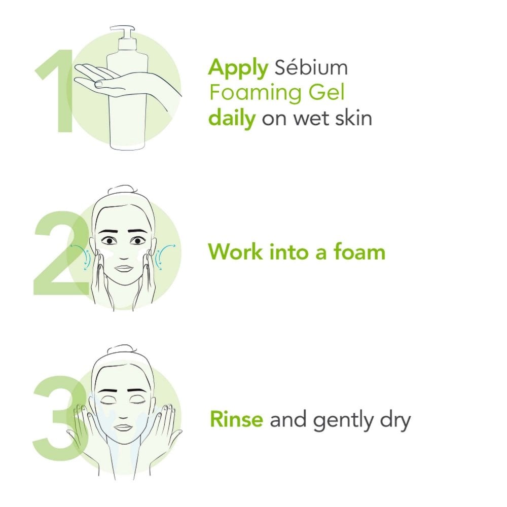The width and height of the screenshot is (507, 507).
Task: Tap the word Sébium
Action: click(x=311, y=67)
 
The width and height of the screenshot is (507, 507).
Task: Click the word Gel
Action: click(x=327, y=92)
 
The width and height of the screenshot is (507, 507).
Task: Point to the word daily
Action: click(x=232, y=119)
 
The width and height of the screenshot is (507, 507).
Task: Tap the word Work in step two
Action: click(x=235, y=251)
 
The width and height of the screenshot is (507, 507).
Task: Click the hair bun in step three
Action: click(x=120, y=349)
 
